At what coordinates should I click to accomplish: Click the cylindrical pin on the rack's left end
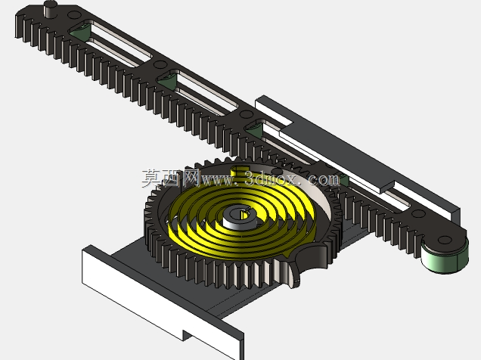pyautogui.click(x=51, y=8)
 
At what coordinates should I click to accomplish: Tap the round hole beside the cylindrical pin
pyautogui.click(x=73, y=14)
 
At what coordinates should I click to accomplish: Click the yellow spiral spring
pyautogui.click(x=242, y=215)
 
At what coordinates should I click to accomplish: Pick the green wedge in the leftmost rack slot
pyautogui.click(x=80, y=32)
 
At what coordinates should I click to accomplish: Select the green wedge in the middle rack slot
pyautogui.click(x=167, y=81)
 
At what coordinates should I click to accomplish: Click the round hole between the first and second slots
pyautogui.click(x=160, y=65)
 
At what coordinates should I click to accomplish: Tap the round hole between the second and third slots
pyautogui.click(x=246, y=114)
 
